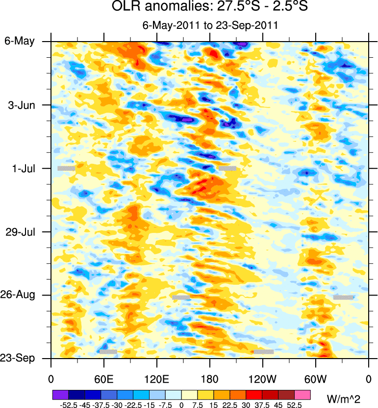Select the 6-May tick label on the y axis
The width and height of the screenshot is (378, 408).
tap(20, 41)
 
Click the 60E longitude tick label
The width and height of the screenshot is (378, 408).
tap(103, 380)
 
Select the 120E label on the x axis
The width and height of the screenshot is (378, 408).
tap(156, 380)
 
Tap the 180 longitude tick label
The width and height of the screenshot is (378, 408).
tap(209, 380)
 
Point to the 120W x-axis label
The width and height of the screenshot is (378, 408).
tap(262, 380)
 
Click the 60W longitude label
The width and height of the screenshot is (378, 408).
tap(315, 380)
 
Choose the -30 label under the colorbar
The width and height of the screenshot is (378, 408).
tap(116, 405)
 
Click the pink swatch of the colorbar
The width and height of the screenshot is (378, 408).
tap(303, 394)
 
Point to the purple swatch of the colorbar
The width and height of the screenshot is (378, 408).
tap(60, 394)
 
